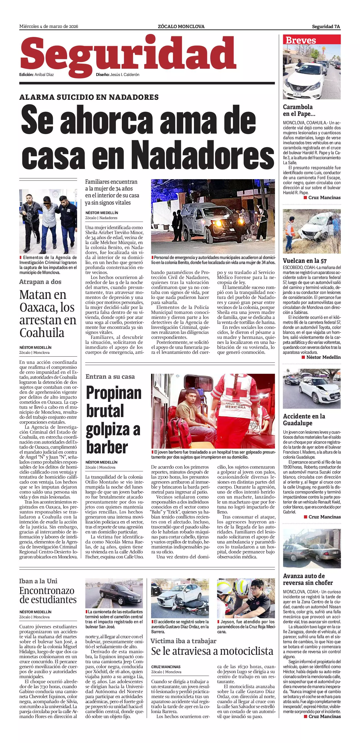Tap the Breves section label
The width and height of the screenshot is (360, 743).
coord(301,40)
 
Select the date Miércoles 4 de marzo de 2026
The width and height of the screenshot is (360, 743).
coord(49,27)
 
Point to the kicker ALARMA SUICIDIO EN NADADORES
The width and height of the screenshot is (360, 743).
coord(89,97)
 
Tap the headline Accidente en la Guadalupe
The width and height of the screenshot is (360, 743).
coord(304,420)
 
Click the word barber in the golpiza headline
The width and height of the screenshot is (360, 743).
coord(107,447)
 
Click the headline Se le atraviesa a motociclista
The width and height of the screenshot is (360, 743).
coord(212,651)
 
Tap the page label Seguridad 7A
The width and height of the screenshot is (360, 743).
coord(326,27)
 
